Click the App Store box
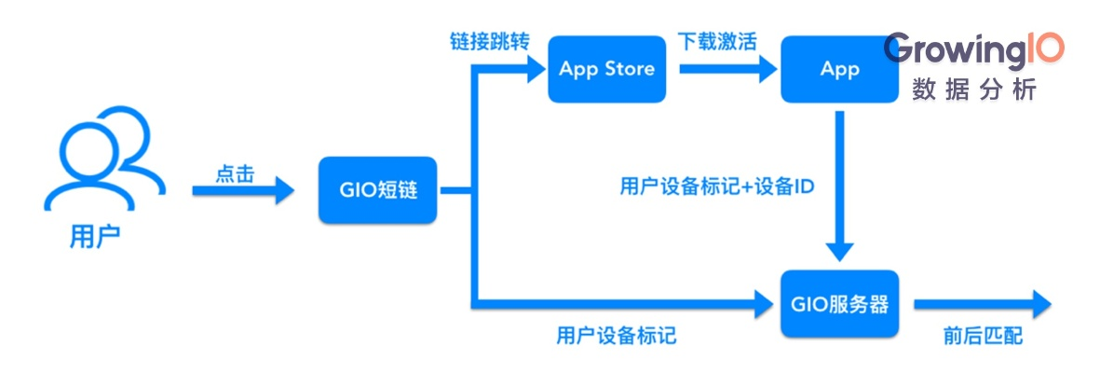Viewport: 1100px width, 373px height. tap(606, 69)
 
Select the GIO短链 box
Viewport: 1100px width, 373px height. tap(377, 191)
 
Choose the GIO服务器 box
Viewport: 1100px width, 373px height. tap(839, 303)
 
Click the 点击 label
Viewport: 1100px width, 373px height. tap(235, 174)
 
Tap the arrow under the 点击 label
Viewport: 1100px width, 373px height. tap(242, 191)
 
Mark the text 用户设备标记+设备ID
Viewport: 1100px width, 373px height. tap(717, 186)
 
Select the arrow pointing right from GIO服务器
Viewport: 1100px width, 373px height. tap(983, 303)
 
